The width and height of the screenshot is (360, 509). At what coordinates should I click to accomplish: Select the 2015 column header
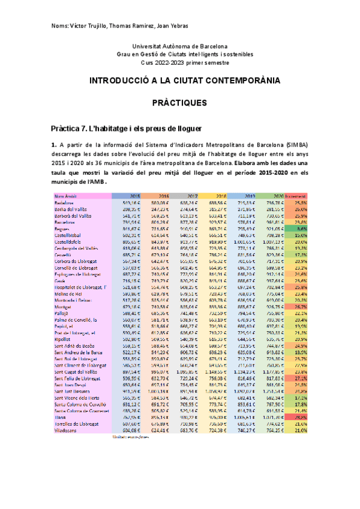pos(135,196)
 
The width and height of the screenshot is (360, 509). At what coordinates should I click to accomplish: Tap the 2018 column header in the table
pos(220,196)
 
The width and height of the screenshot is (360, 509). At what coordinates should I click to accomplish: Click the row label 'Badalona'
pos(64,203)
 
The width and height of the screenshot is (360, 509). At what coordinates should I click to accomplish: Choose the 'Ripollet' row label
pos(63,339)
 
